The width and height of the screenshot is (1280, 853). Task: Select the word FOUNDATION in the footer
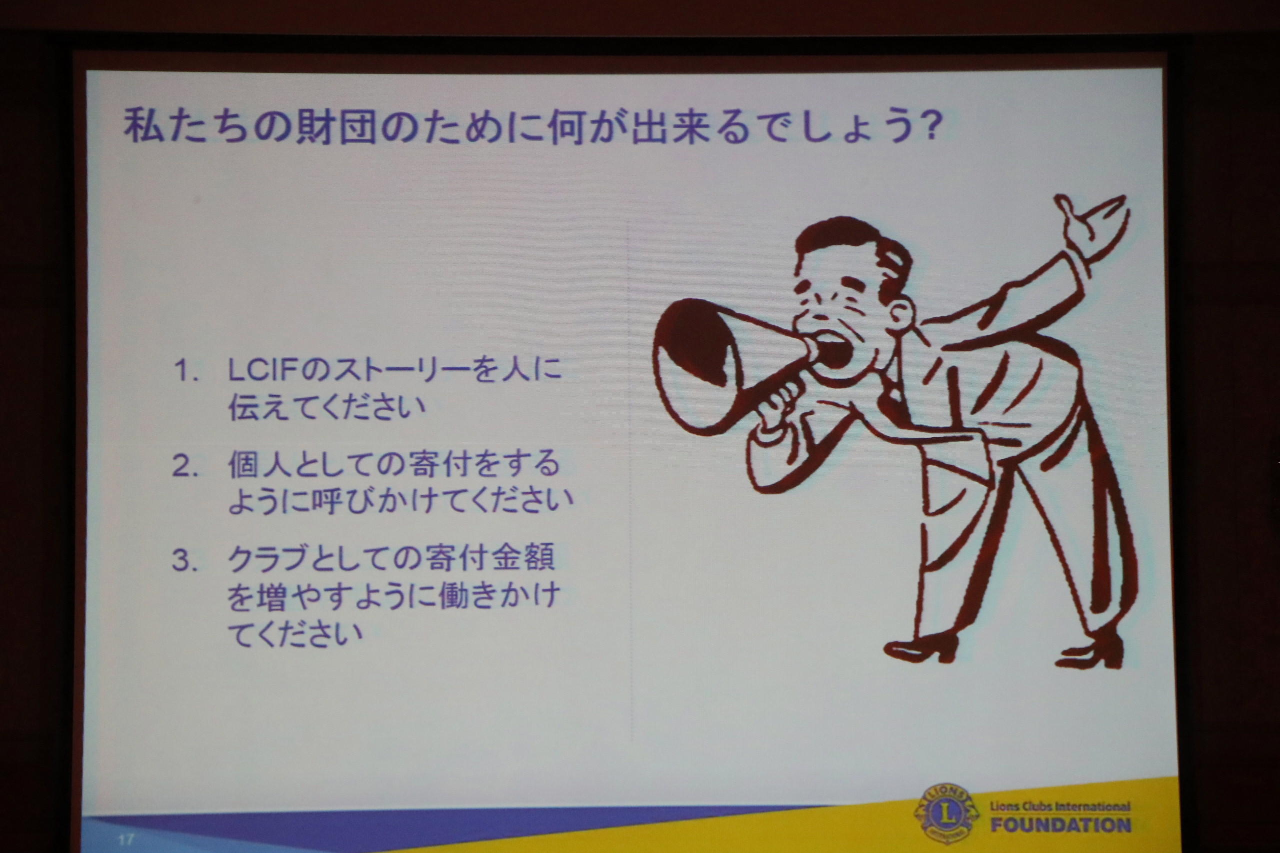[1060, 825]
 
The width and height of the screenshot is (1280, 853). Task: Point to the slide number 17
[125, 840]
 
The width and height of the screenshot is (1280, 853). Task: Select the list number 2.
[184, 466]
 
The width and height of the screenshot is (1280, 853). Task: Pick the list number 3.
[184, 560]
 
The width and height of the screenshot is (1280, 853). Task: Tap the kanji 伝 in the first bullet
[242, 407]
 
